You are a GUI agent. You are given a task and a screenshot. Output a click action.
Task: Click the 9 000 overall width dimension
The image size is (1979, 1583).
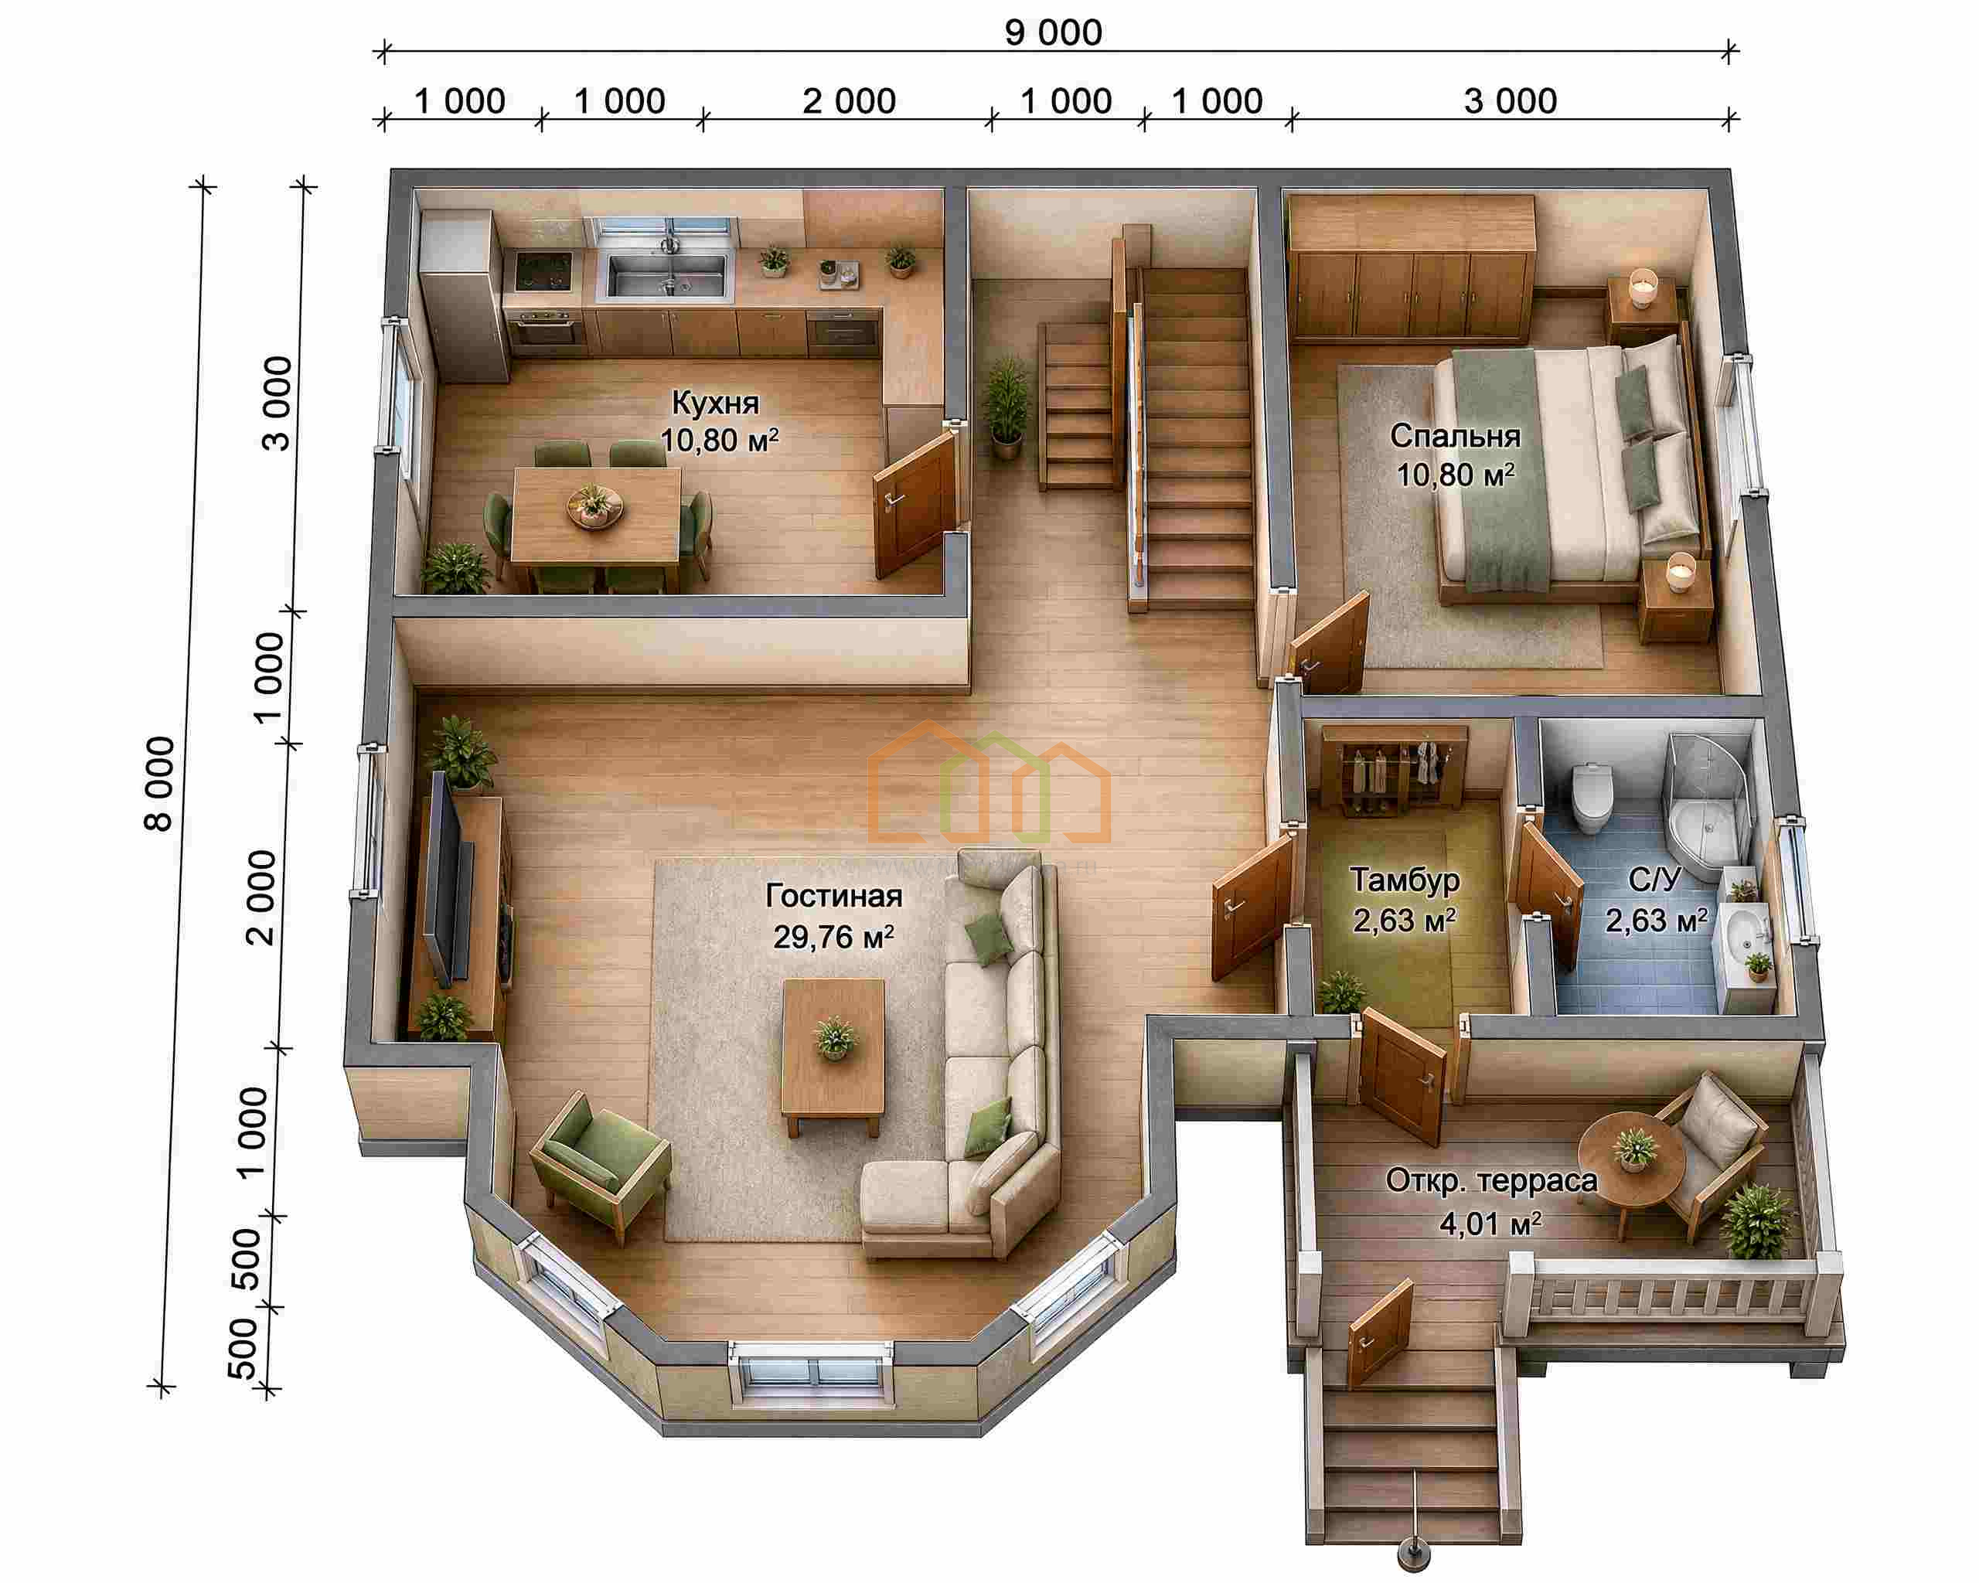1053,33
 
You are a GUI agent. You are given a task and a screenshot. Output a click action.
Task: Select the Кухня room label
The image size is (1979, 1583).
715,402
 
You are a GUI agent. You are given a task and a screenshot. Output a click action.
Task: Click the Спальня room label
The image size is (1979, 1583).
1455,436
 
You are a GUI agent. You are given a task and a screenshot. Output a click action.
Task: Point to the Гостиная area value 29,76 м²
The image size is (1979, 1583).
833,937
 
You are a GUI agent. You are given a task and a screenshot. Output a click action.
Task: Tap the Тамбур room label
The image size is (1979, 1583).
1405,880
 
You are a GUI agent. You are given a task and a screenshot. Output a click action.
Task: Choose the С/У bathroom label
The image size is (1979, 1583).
1654,880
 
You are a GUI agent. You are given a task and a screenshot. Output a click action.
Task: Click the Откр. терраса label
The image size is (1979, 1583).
1491,1181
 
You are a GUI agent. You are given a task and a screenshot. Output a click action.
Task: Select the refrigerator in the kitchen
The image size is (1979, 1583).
464,295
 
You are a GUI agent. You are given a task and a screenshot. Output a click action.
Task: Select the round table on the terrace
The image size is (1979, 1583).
1631,1157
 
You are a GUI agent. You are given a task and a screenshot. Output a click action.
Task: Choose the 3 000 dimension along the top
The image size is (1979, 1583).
1510,101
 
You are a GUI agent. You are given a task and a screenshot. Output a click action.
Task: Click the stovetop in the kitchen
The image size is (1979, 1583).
543,271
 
